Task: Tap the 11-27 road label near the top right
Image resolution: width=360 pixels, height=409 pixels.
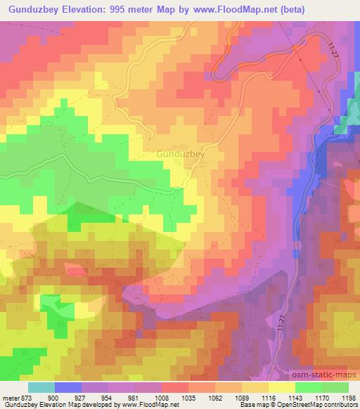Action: [x=333, y=50]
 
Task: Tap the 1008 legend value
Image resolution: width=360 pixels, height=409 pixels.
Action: [x=162, y=398]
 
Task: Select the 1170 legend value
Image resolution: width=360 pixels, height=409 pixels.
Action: [x=323, y=398]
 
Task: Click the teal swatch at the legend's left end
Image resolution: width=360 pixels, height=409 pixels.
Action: [x=41, y=387]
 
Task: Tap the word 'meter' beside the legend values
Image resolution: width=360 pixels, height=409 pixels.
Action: [x=11, y=398]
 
